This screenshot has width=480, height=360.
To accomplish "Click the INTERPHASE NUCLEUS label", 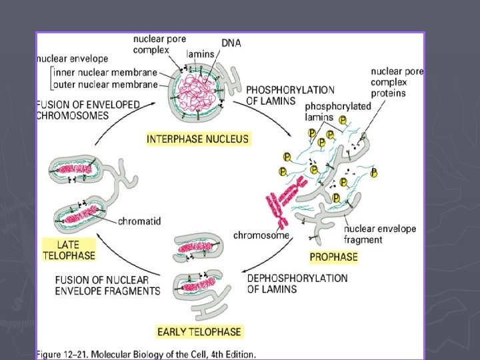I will [x=198, y=139].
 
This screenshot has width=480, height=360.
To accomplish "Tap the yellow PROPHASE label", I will [x=333, y=257].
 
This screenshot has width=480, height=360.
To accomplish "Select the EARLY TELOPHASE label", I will [x=199, y=331].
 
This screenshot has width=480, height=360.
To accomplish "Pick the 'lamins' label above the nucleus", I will [x=200, y=53].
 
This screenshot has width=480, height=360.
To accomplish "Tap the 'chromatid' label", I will [x=140, y=221].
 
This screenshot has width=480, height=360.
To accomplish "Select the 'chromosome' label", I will [x=261, y=235].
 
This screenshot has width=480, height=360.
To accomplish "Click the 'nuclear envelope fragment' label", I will [x=380, y=234].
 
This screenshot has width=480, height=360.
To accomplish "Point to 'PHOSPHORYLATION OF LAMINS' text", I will [x=290, y=95].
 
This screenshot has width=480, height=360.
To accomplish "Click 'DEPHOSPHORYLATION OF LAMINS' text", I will [x=297, y=283].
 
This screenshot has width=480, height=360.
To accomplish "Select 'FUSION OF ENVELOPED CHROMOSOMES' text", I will [x=88, y=110].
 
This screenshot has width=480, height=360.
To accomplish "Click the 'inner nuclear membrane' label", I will [x=105, y=73].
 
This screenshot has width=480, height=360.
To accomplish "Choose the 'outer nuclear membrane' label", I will [x=105, y=85].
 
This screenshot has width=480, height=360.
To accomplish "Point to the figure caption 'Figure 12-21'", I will [x=145, y=354].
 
